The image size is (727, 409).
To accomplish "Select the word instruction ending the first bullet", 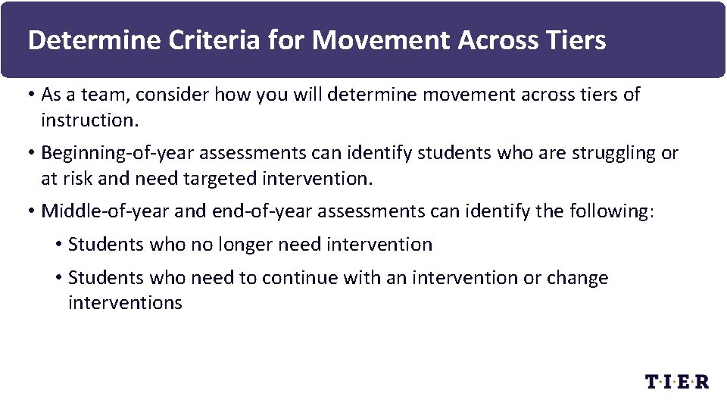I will point(86,120).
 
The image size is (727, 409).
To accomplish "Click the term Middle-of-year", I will point(105,211).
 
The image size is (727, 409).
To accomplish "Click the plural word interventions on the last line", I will point(125,303).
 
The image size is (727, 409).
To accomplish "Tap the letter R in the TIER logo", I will point(701,381).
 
